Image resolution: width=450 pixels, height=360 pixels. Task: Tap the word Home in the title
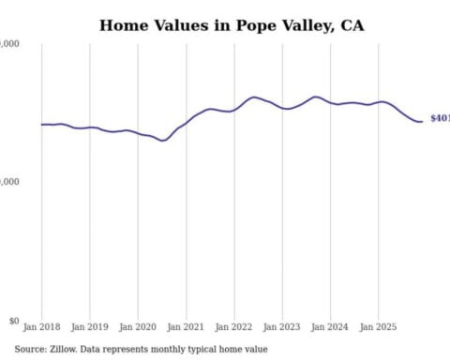[x=123, y=25]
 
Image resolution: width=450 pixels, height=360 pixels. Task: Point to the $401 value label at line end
[x=439, y=119]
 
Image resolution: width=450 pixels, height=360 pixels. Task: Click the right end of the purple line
[x=421, y=121]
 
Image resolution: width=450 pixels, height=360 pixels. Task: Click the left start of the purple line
[x=41, y=124]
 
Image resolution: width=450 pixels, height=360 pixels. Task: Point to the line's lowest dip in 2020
[x=163, y=141]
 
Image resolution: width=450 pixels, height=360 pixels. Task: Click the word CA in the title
[x=352, y=25]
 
